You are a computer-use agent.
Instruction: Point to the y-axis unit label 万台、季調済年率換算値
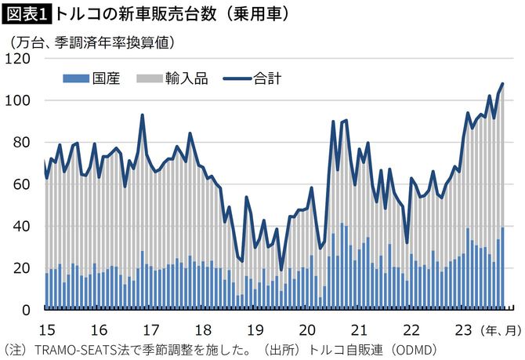click(x=92, y=40)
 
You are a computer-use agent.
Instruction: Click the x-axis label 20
click(x=306, y=329)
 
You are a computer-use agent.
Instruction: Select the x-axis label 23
click(x=464, y=329)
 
